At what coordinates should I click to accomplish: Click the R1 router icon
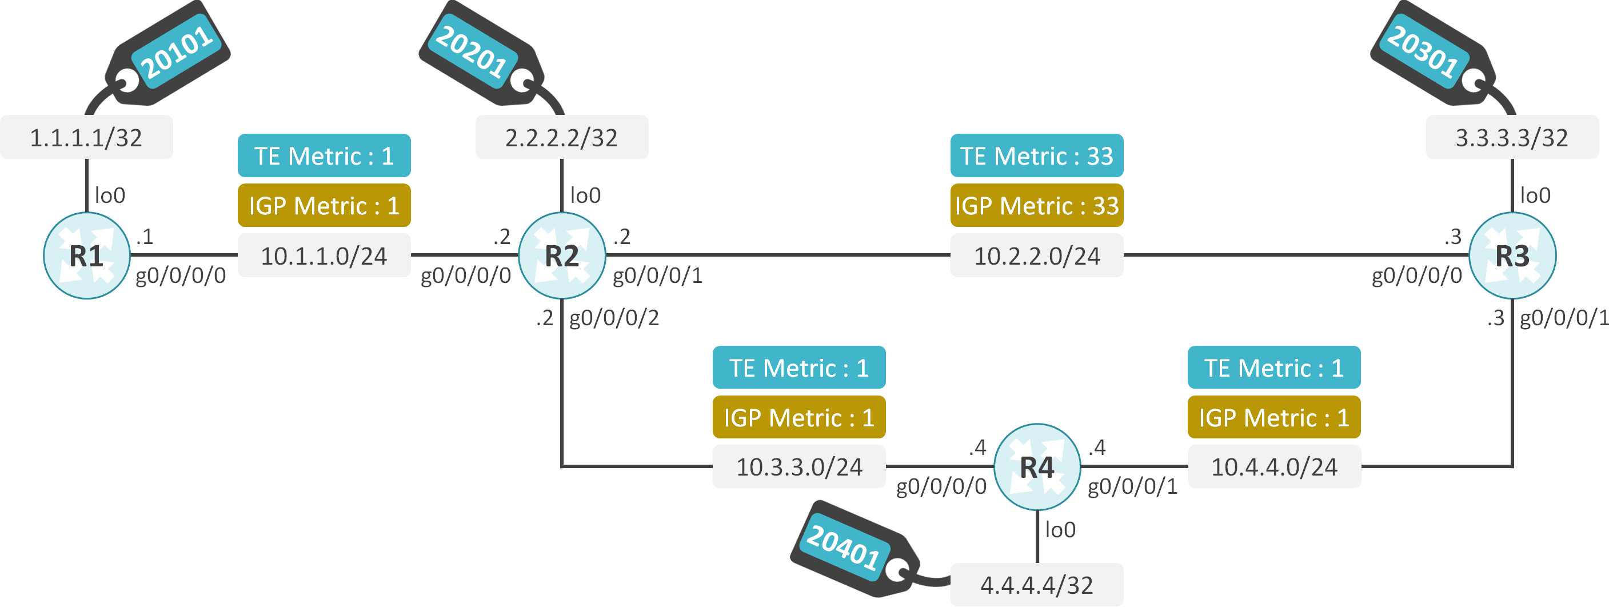click(86, 255)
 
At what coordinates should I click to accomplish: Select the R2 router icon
click(561, 255)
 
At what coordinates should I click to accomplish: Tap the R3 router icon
click(1512, 255)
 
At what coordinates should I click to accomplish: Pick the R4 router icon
click(1036, 466)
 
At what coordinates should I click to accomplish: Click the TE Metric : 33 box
click(1036, 155)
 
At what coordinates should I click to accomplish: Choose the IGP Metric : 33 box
click(1036, 205)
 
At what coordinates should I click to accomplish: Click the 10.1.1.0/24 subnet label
click(324, 255)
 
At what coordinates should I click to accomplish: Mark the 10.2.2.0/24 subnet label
click(1036, 255)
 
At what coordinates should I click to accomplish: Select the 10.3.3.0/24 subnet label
click(799, 466)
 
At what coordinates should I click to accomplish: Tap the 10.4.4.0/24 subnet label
click(1273, 466)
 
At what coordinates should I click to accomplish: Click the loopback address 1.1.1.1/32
click(86, 137)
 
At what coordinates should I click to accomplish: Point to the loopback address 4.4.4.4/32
click(1036, 585)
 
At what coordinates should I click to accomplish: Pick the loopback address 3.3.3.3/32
click(1512, 137)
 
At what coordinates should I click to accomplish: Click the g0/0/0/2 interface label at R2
click(614, 318)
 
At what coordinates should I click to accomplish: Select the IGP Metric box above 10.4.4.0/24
click(1273, 417)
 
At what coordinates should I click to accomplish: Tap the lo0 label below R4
click(1060, 530)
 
